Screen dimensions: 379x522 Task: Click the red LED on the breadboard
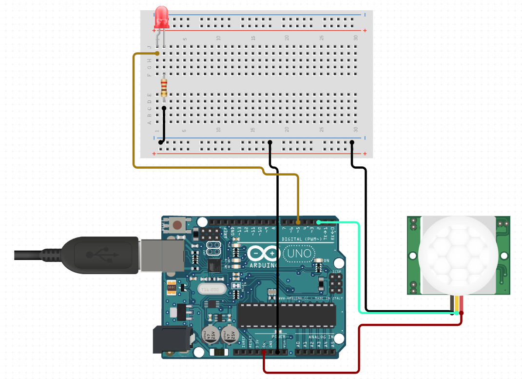161,18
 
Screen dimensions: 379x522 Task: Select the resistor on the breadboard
164,88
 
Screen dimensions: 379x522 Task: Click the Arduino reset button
177,225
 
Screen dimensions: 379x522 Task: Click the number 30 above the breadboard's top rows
356,38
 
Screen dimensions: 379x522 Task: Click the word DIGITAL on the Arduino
292,239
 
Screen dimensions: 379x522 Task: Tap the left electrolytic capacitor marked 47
207,335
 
